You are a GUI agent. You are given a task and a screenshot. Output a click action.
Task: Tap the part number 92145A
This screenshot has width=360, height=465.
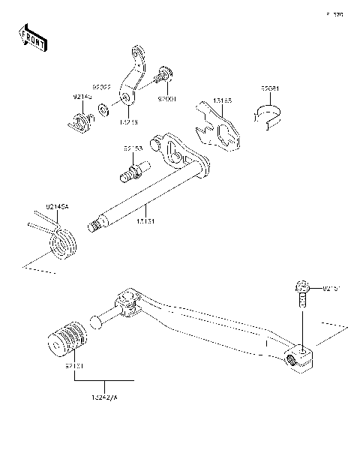(37, 206)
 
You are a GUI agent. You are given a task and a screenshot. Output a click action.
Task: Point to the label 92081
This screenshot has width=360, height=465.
(271, 88)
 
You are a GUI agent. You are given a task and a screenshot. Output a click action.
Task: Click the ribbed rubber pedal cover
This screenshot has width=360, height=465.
(65, 339)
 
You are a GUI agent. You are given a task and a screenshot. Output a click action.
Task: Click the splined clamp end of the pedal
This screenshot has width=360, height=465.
(301, 355)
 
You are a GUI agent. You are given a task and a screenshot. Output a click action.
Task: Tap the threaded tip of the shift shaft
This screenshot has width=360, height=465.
(96, 224)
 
